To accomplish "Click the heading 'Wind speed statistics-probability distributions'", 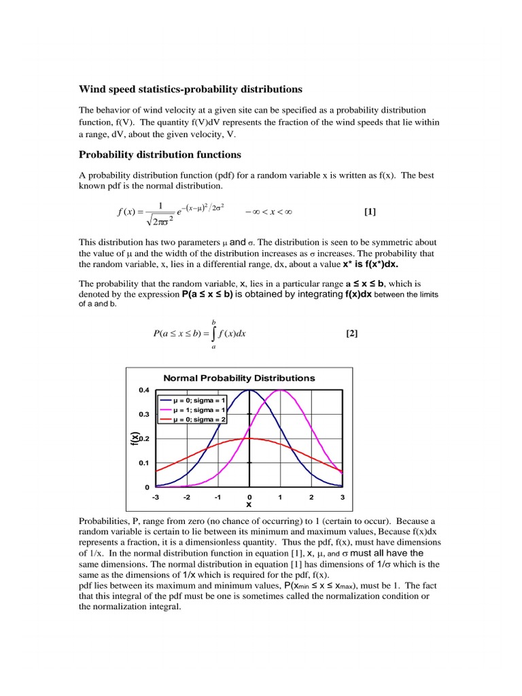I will (x=191, y=89).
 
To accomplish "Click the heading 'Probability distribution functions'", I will (x=160, y=154).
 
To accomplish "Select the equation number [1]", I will (x=369, y=211).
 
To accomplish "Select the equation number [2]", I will (x=351, y=333).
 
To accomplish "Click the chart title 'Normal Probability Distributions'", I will (x=239, y=378).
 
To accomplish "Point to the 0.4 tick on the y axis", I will (x=144, y=390).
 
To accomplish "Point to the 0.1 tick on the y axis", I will (x=144, y=463).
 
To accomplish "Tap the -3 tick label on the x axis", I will (x=156, y=498).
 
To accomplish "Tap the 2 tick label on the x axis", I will (x=311, y=498).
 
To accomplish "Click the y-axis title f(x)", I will (x=135, y=439).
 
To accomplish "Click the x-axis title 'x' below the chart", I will (x=249, y=505).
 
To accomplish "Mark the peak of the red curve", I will (x=249, y=438).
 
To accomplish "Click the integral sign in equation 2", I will (x=214, y=333).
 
